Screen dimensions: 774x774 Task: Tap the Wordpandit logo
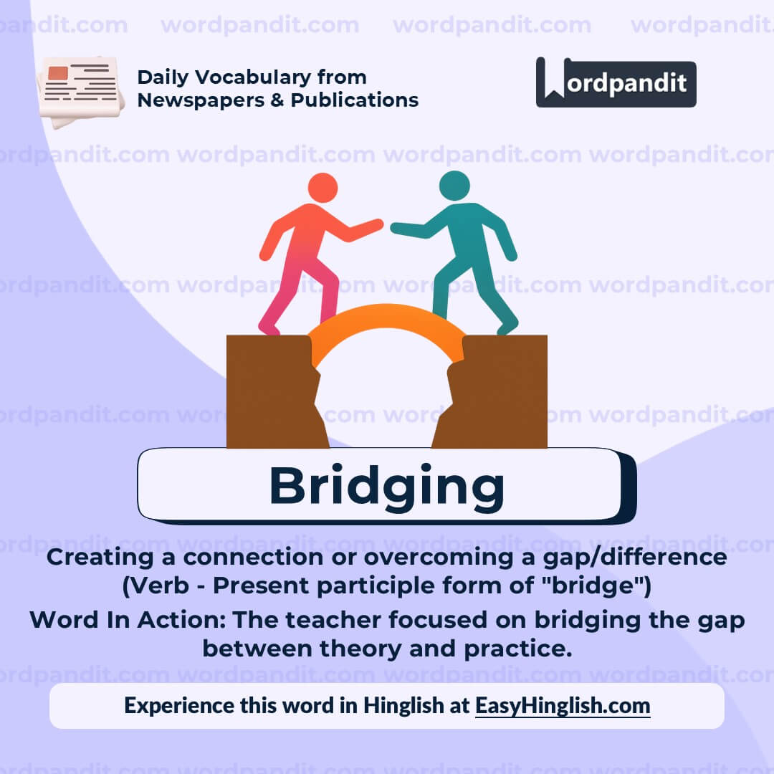tap(616, 83)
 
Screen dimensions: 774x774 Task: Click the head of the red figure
tap(322, 187)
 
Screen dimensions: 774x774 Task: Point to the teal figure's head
tap(454, 185)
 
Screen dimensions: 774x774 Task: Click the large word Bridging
tap(386, 487)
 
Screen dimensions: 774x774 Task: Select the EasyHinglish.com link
tap(563, 705)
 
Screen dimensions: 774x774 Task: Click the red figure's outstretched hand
tap(375, 225)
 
